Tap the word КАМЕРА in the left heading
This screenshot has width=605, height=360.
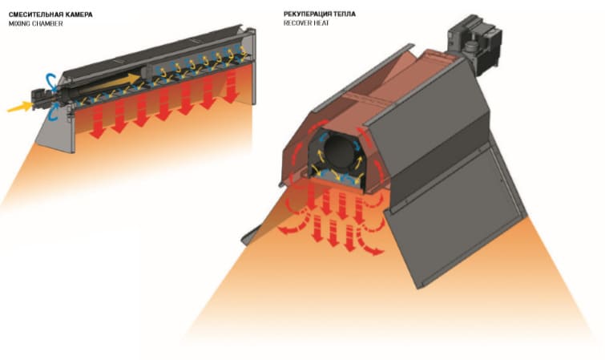[79, 14]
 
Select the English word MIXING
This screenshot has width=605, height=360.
[19, 23]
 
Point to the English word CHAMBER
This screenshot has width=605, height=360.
[47, 23]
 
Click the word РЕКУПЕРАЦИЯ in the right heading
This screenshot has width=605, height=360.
[308, 14]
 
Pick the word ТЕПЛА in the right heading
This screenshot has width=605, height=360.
[345, 14]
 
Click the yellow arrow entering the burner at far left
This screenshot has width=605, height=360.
[20, 107]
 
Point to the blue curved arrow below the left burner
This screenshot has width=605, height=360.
[53, 112]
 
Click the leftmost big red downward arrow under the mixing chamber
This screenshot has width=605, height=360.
[98, 123]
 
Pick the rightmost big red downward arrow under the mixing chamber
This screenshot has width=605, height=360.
[231, 87]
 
